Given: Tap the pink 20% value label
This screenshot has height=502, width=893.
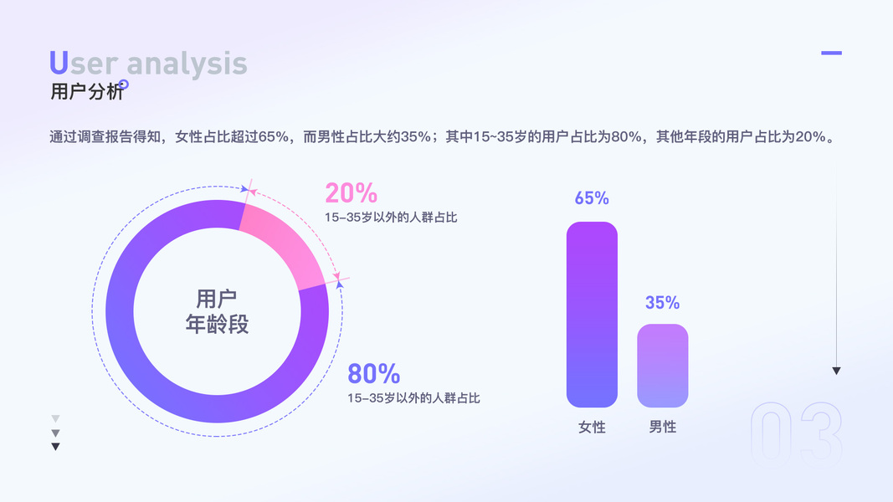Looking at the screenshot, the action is tap(352, 193).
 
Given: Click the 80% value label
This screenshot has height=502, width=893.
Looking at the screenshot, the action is tap(373, 374).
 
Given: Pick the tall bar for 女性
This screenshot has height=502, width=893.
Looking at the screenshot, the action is tap(592, 315).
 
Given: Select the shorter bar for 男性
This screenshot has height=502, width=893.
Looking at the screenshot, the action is tap(662, 366).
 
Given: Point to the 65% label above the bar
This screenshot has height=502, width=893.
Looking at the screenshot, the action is tap(592, 198).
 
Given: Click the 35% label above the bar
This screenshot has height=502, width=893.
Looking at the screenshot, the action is tap(662, 302).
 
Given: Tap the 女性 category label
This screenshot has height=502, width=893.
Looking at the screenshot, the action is tap(592, 427).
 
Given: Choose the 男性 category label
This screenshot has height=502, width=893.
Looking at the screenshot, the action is tap(662, 427).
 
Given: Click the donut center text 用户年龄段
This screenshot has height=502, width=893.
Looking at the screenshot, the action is tap(217, 311).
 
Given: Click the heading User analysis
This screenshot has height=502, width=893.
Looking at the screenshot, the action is tap(148, 64).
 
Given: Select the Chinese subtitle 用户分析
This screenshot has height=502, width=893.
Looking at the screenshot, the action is tap(86, 91).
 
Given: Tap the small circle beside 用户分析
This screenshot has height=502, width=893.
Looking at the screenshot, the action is tap(124, 85).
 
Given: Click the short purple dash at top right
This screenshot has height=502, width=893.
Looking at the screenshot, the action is tap(832, 53).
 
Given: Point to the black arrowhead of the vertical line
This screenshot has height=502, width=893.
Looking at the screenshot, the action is tap(836, 371).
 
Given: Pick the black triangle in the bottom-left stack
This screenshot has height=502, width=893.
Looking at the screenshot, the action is tap(55, 447).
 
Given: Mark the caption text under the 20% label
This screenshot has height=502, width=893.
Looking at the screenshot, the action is tap(391, 218).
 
